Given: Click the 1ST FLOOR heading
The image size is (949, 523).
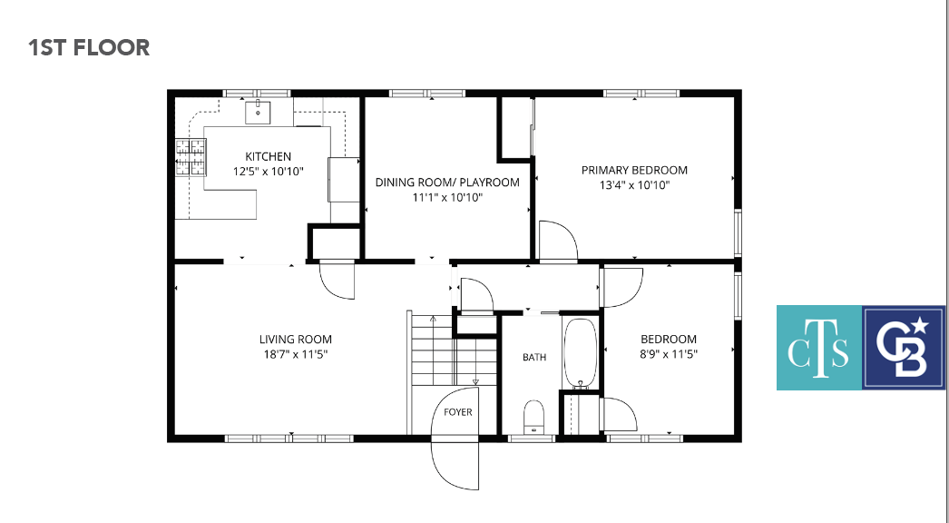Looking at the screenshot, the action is [89, 47].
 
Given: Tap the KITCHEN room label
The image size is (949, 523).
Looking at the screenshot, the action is [269, 156].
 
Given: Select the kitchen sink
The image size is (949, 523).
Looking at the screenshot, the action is [258, 112].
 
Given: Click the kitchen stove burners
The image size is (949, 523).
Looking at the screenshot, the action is [191, 157].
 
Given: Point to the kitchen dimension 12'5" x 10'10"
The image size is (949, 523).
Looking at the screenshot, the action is [269, 172].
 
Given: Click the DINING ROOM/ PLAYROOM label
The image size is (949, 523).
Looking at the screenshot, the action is [447, 182].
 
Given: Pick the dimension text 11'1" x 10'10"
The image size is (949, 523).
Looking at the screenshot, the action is [447, 197].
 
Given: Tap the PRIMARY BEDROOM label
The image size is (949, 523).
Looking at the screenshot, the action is [634, 170].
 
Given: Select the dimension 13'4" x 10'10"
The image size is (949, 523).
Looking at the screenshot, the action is [634, 185].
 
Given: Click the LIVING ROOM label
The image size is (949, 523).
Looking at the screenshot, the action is [296, 340].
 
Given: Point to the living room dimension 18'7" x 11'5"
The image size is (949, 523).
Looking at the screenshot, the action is [296, 354].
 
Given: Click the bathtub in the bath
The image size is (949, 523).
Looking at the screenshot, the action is [581, 353].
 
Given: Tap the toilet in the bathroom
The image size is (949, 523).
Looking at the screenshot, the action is [533, 417].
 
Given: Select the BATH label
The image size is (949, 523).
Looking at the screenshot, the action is [534, 357].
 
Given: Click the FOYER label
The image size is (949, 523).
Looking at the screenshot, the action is [457, 412].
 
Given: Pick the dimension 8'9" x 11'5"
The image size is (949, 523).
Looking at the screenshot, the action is [669, 354].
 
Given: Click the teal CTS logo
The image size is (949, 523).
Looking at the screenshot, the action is [819, 347].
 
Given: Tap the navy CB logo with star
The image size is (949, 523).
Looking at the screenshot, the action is [904, 347].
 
